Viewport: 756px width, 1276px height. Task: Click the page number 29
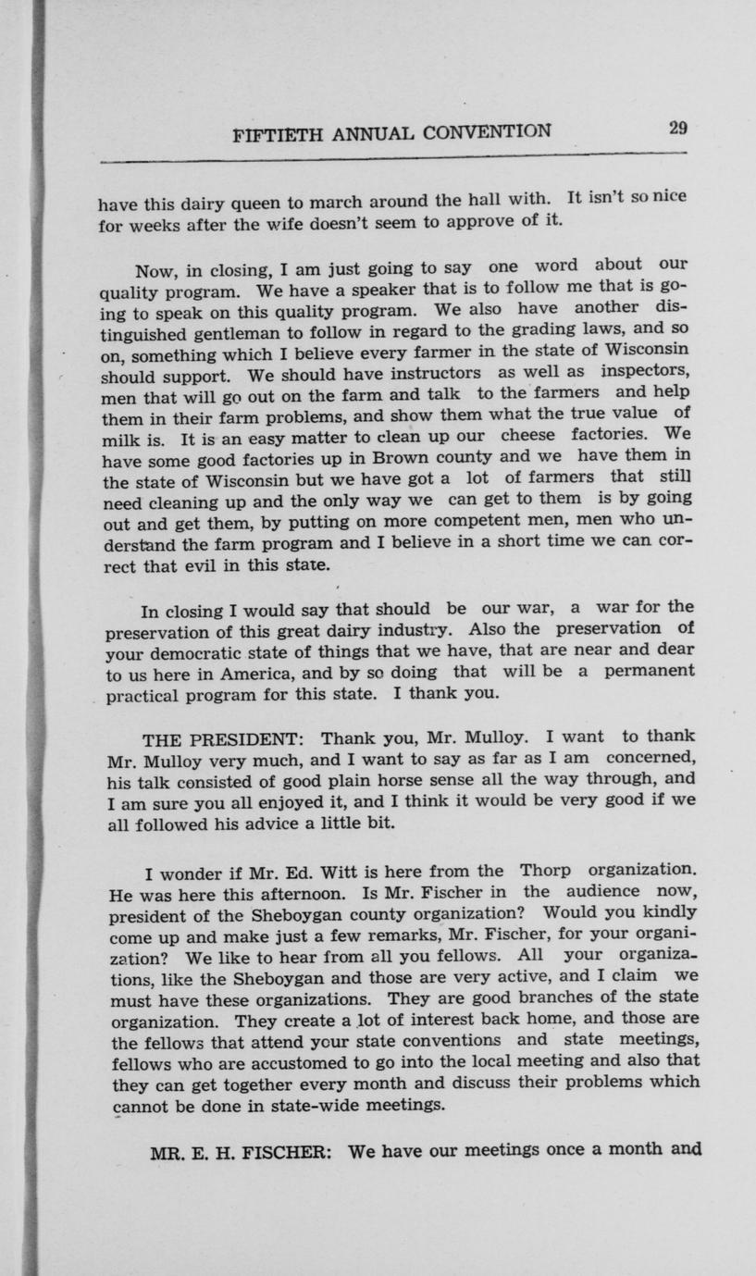(676, 129)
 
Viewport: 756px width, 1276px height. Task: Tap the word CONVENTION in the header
(487, 131)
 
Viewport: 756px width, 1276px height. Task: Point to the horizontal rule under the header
(392, 158)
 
